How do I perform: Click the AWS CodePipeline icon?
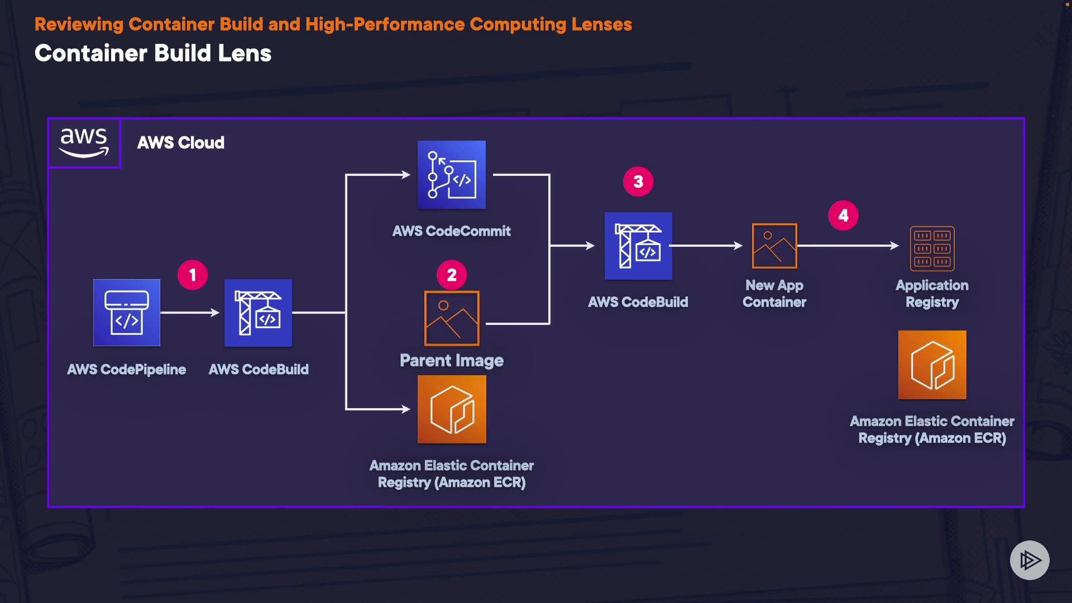click(x=127, y=313)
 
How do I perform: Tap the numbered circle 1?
click(x=193, y=275)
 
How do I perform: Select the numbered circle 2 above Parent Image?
click(x=452, y=275)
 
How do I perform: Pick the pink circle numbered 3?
click(x=638, y=181)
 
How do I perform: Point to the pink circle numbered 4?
click(x=843, y=216)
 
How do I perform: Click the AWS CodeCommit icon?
click(x=452, y=175)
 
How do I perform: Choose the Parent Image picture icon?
click(x=452, y=318)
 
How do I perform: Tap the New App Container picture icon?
click(x=774, y=246)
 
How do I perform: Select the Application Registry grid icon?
click(x=932, y=248)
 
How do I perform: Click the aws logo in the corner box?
click(x=84, y=143)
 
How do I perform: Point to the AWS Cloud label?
click(x=181, y=143)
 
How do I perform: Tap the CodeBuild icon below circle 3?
click(x=638, y=246)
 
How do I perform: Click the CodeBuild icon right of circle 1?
click(x=258, y=313)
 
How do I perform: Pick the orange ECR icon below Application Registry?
click(x=932, y=365)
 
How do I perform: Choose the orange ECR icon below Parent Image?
click(x=452, y=409)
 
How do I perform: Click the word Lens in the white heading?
click(x=245, y=54)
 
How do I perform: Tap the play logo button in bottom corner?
click(x=1030, y=560)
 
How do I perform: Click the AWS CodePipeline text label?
click(x=127, y=370)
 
